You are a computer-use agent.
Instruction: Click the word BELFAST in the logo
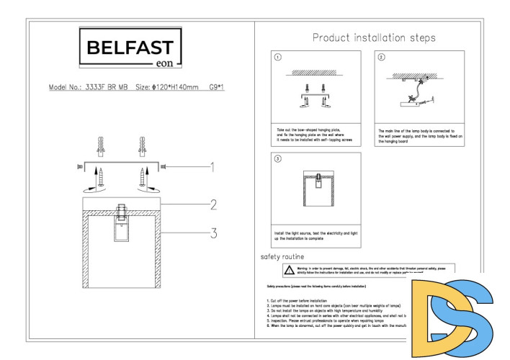point(130,48)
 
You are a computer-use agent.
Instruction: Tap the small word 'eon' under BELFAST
point(164,62)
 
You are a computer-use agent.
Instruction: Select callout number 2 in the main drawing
point(213,205)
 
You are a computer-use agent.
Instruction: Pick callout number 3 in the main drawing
point(213,233)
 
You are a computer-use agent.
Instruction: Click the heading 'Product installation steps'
point(374,38)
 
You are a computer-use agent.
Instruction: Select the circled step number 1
point(278,57)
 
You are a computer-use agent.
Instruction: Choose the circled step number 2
point(382,57)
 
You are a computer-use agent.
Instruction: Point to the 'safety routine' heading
point(282,257)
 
